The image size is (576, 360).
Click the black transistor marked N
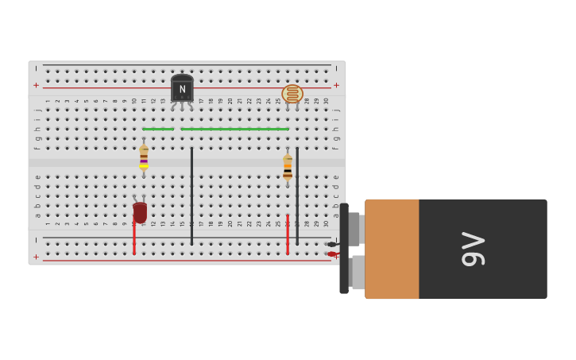pos(182,89)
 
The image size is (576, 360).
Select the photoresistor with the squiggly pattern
pos(292,94)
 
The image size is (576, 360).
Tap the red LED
pos(140,212)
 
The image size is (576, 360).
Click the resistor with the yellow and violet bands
pos(144,157)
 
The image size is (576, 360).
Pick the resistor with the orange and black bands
pos(288,167)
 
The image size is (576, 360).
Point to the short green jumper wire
pos(158,129)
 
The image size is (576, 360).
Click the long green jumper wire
pos(234,129)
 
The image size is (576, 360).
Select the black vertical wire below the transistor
pos(191,195)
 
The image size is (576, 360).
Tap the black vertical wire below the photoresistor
pos(297,195)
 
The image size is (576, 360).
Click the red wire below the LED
pos(134,239)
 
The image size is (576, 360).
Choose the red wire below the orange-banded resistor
pos(288,234)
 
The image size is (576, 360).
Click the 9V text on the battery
pos(473,249)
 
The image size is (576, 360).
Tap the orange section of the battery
pos(392,249)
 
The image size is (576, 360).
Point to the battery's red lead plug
pos(332,254)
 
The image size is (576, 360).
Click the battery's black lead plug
pos(331,244)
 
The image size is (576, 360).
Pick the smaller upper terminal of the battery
pos(354,229)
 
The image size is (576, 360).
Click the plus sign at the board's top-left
pos(36,85)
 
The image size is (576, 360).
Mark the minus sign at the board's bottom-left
pos(36,240)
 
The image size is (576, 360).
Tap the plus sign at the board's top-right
pos(336,85)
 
